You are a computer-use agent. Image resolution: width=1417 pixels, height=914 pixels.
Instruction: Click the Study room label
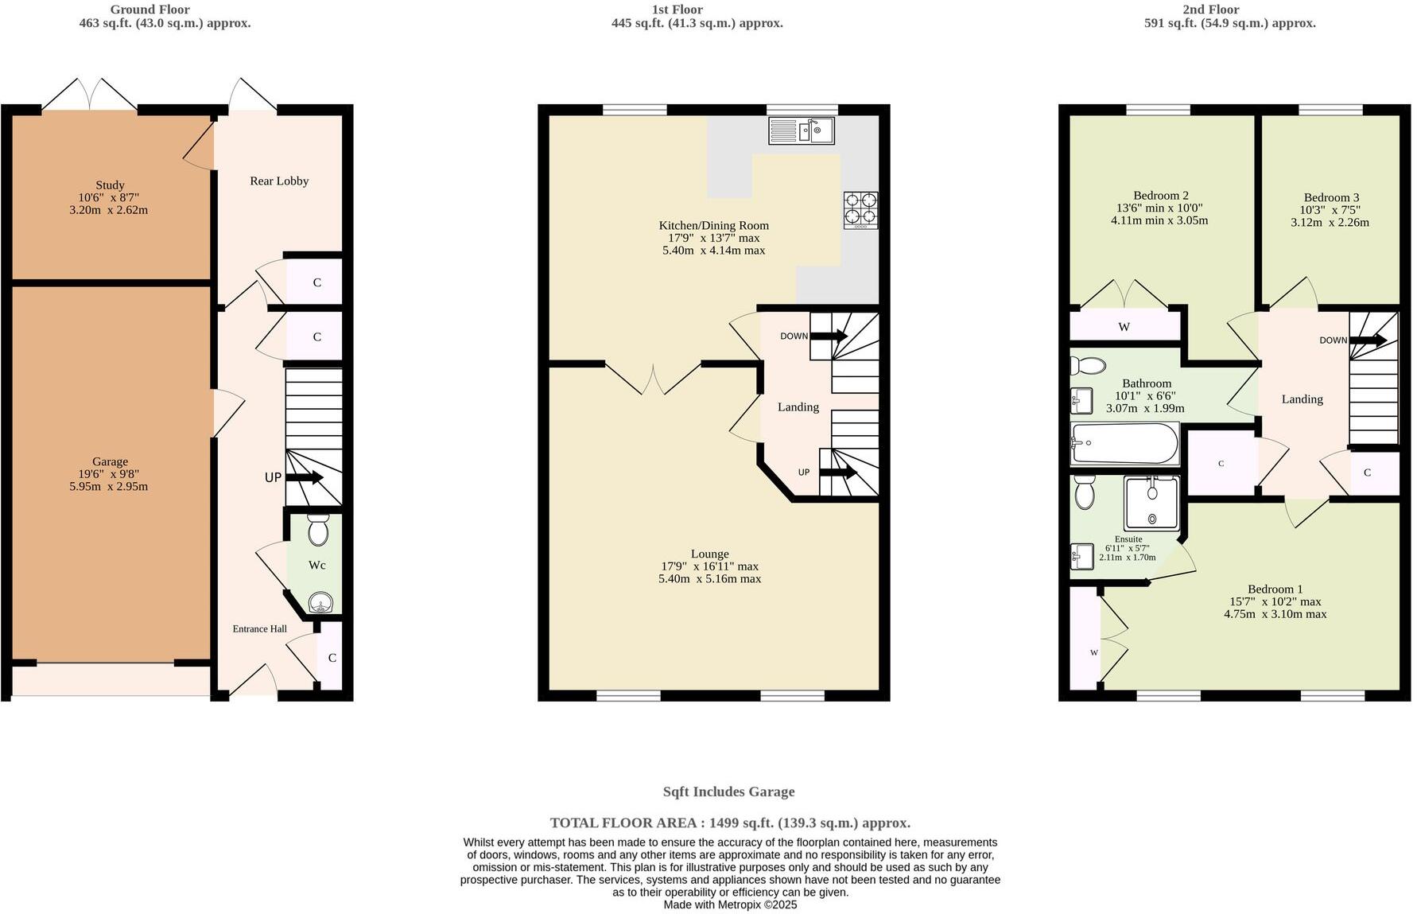111,185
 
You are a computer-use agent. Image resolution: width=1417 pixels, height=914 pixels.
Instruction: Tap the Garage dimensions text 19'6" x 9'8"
110,474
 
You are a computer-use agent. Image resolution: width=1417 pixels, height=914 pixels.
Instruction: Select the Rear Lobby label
279,181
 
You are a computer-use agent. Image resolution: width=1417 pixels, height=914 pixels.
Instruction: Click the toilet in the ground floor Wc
318,530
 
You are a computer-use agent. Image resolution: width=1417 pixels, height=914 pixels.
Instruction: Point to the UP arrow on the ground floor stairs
305,478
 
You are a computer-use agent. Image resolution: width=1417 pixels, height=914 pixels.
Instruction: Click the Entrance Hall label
260,629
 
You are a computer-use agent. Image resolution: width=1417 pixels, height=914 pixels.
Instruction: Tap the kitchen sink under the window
801,130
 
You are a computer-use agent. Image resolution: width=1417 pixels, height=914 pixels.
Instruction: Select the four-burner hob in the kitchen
861,209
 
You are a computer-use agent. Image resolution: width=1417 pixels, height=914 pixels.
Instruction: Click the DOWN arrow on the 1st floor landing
829,336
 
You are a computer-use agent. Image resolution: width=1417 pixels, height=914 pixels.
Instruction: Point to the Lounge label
709,554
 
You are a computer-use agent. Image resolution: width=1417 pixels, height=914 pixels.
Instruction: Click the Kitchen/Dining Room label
713,226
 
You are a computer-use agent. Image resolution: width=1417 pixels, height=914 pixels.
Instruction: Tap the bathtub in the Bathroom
1124,443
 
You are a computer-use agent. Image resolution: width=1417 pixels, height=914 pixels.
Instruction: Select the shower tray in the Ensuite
1151,503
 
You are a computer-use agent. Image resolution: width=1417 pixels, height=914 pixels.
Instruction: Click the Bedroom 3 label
1331,198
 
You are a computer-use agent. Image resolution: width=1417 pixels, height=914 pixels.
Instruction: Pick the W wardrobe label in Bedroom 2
1124,327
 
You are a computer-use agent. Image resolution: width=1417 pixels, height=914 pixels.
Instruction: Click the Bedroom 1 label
1275,589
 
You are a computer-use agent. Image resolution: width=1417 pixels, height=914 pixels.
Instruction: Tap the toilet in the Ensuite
1084,493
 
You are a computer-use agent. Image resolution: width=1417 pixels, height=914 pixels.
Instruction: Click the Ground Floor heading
149,10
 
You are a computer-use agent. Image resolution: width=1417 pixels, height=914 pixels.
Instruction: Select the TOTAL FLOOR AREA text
729,823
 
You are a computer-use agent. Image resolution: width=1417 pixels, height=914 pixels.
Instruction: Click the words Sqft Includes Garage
728,792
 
